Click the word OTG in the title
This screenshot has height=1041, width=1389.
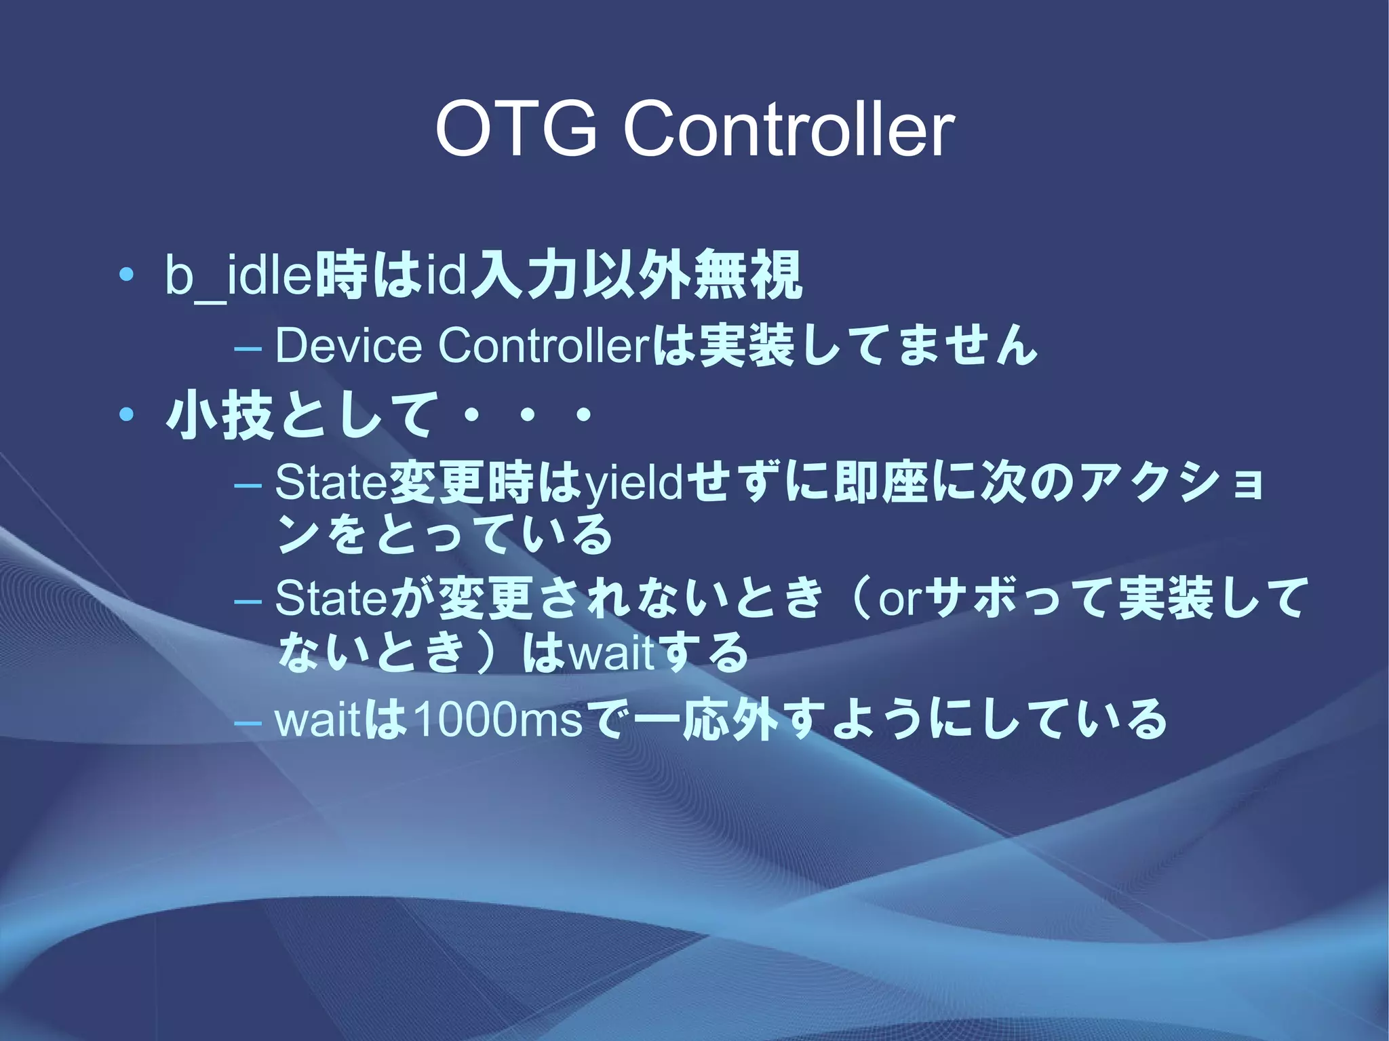point(515,128)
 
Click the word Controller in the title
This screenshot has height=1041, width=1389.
point(788,128)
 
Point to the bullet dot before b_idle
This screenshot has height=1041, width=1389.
point(125,275)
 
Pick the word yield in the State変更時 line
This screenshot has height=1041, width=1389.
point(634,483)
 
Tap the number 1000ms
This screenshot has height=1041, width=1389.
point(497,720)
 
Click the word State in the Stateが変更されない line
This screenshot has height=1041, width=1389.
point(330,598)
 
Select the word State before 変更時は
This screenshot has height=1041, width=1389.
point(330,483)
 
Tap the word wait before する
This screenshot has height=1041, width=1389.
point(612,654)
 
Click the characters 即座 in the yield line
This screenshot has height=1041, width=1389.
point(883,483)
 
